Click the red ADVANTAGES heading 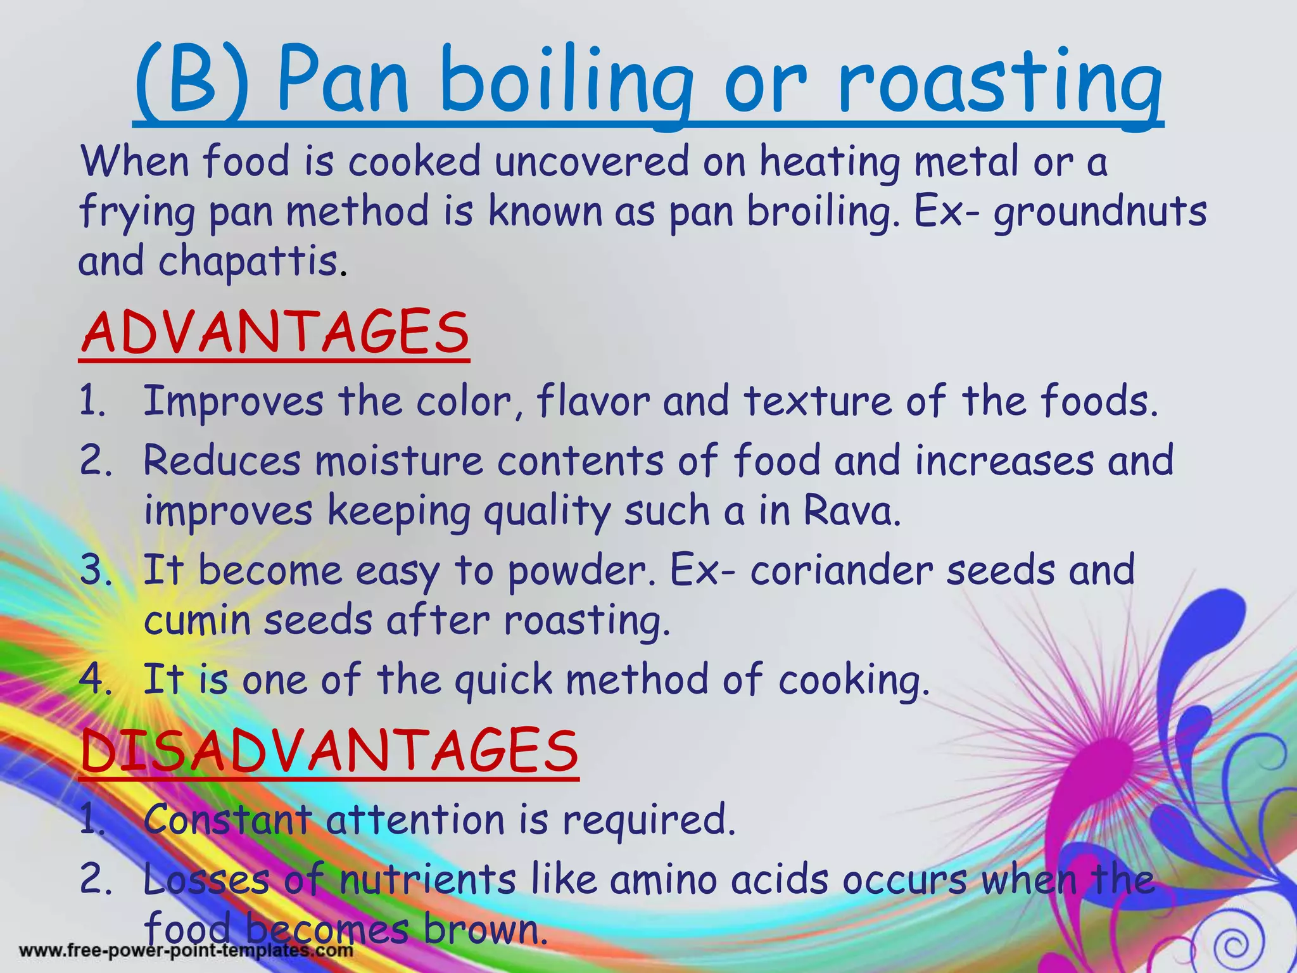pos(275,333)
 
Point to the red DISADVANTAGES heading pos(329,751)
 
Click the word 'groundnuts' pos(1099,212)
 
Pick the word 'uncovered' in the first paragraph pos(592,161)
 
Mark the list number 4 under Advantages pos(95,680)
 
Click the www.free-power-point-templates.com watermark pos(186,951)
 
